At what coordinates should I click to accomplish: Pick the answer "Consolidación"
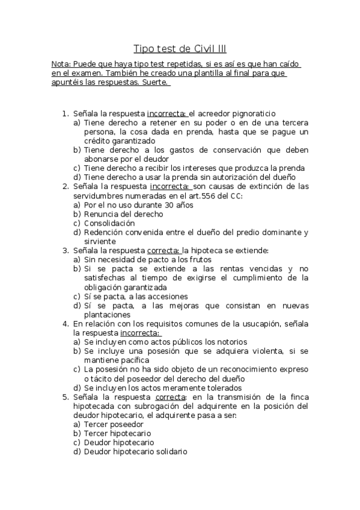[109, 223]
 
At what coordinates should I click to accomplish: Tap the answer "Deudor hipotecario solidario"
[135, 451]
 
